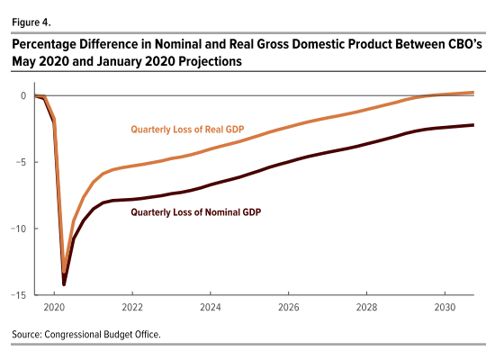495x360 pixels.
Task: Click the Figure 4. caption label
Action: point(31,22)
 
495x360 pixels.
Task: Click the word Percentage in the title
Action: point(44,44)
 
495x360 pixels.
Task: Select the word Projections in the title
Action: point(210,61)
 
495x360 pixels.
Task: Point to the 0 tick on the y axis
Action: point(23,95)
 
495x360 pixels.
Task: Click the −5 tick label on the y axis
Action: point(21,162)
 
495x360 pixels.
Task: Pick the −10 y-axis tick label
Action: point(19,229)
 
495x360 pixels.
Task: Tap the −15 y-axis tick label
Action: point(19,295)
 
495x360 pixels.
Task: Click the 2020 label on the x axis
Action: point(54,307)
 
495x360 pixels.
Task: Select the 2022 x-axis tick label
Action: point(132,307)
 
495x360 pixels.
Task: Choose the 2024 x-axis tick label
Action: point(211,307)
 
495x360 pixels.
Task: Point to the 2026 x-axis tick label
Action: point(289,307)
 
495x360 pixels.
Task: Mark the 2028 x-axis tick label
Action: point(366,307)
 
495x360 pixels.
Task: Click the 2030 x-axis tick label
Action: point(445,307)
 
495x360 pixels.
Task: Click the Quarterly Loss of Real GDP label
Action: point(187,130)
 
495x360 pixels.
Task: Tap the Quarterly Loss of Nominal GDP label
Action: point(196,212)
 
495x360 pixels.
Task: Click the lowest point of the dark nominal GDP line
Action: point(64,284)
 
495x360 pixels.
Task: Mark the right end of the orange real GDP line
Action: point(473,93)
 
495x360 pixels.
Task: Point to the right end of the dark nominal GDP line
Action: point(473,125)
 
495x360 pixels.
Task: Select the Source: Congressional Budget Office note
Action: point(86,335)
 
